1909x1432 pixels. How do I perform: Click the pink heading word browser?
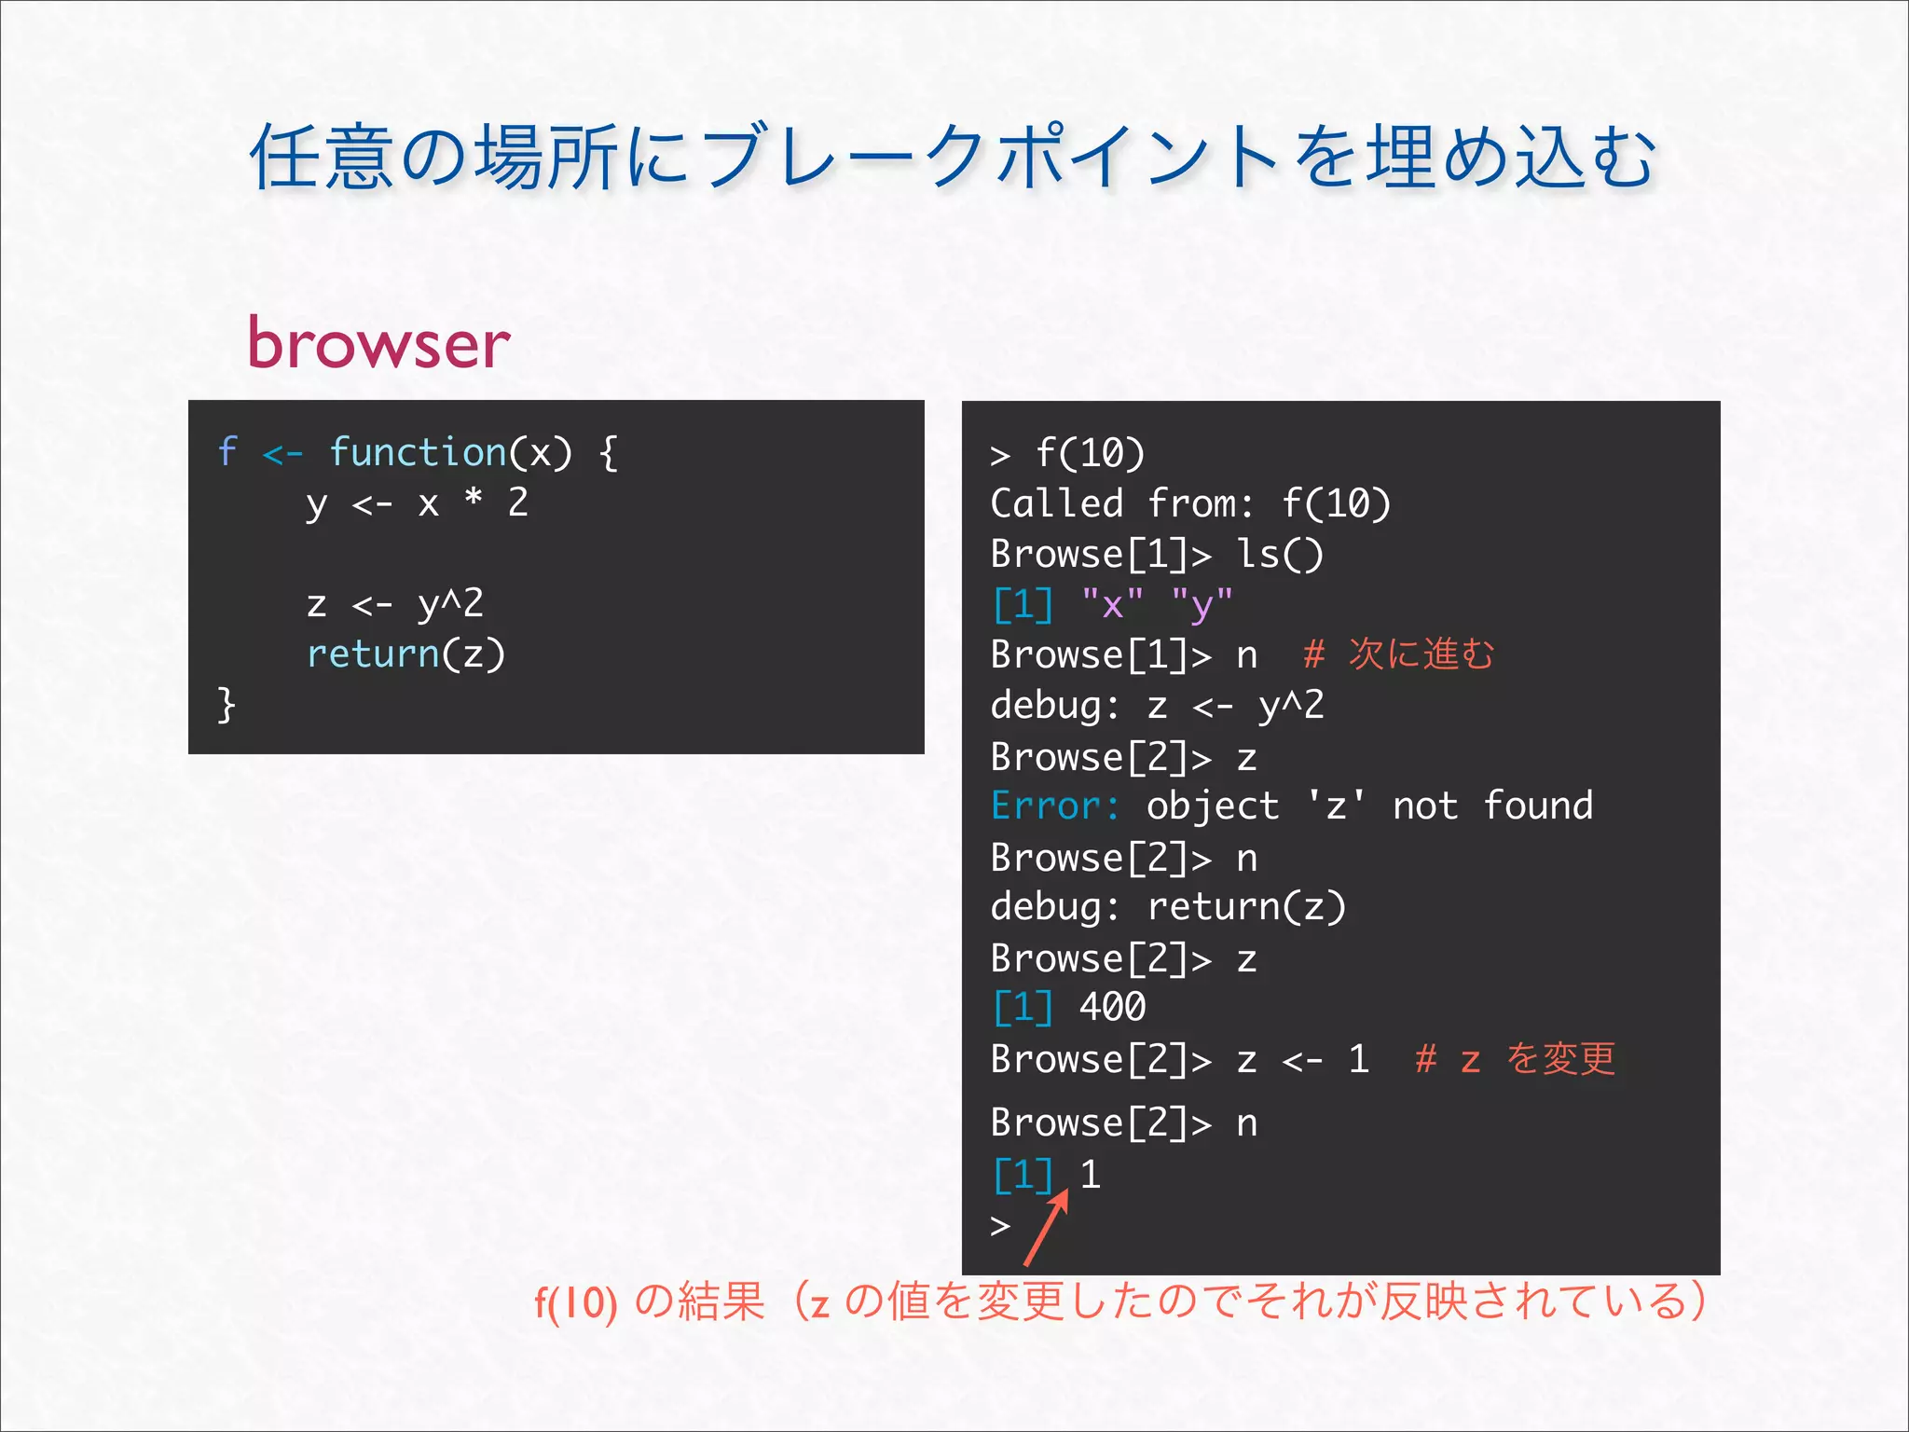pos(378,344)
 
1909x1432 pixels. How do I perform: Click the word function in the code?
pos(417,452)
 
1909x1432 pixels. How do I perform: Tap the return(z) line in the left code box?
pos(405,654)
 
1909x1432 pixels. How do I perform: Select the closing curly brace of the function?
pos(226,704)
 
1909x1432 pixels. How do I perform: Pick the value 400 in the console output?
pos(1112,1008)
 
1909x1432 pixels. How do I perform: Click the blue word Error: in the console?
pos(1054,806)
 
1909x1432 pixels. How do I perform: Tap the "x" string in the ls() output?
pos(1112,605)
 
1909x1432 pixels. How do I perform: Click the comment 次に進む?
pos(1421,654)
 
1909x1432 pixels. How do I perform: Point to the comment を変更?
pos(1560,1059)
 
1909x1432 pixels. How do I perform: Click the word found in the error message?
pos(1538,806)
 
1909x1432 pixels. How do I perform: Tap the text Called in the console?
pos(1056,504)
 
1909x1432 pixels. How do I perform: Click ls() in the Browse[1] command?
pos(1279,555)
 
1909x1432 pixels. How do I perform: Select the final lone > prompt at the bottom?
pos(1000,1225)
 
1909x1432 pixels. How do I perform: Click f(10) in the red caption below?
pos(575,1302)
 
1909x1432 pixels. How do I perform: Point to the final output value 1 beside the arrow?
pos(1091,1175)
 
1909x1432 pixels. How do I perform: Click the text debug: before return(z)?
pos(1054,907)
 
